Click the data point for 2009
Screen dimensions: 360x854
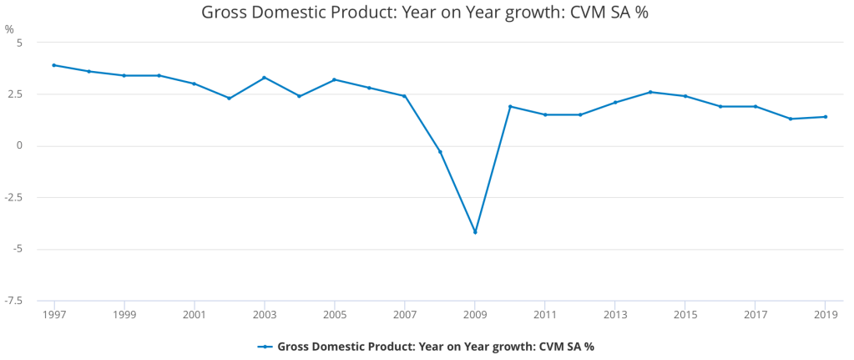tap(475, 232)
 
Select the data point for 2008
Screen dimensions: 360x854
tap(440, 151)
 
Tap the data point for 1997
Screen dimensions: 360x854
tap(54, 65)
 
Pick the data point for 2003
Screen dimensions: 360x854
tap(265, 78)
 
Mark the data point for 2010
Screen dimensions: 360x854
tap(510, 106)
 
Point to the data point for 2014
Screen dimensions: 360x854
tap(650, 92)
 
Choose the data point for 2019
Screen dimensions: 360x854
tap(826, 117)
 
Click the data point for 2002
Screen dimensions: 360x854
tap(230, 99)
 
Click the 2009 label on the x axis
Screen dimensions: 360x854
tap(475, 314)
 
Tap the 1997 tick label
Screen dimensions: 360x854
tap(54, 314)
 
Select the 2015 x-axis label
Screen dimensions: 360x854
tap(685, 314)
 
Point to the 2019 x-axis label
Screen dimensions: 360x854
tap(826, 314)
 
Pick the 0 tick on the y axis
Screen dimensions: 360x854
tap(21, 146)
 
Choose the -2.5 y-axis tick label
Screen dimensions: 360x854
tap(15, 198)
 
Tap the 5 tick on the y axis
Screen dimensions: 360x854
tap(21, 43)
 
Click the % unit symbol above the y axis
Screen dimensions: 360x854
tap(9, 29)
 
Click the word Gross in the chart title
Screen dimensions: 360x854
tap(223, 13)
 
